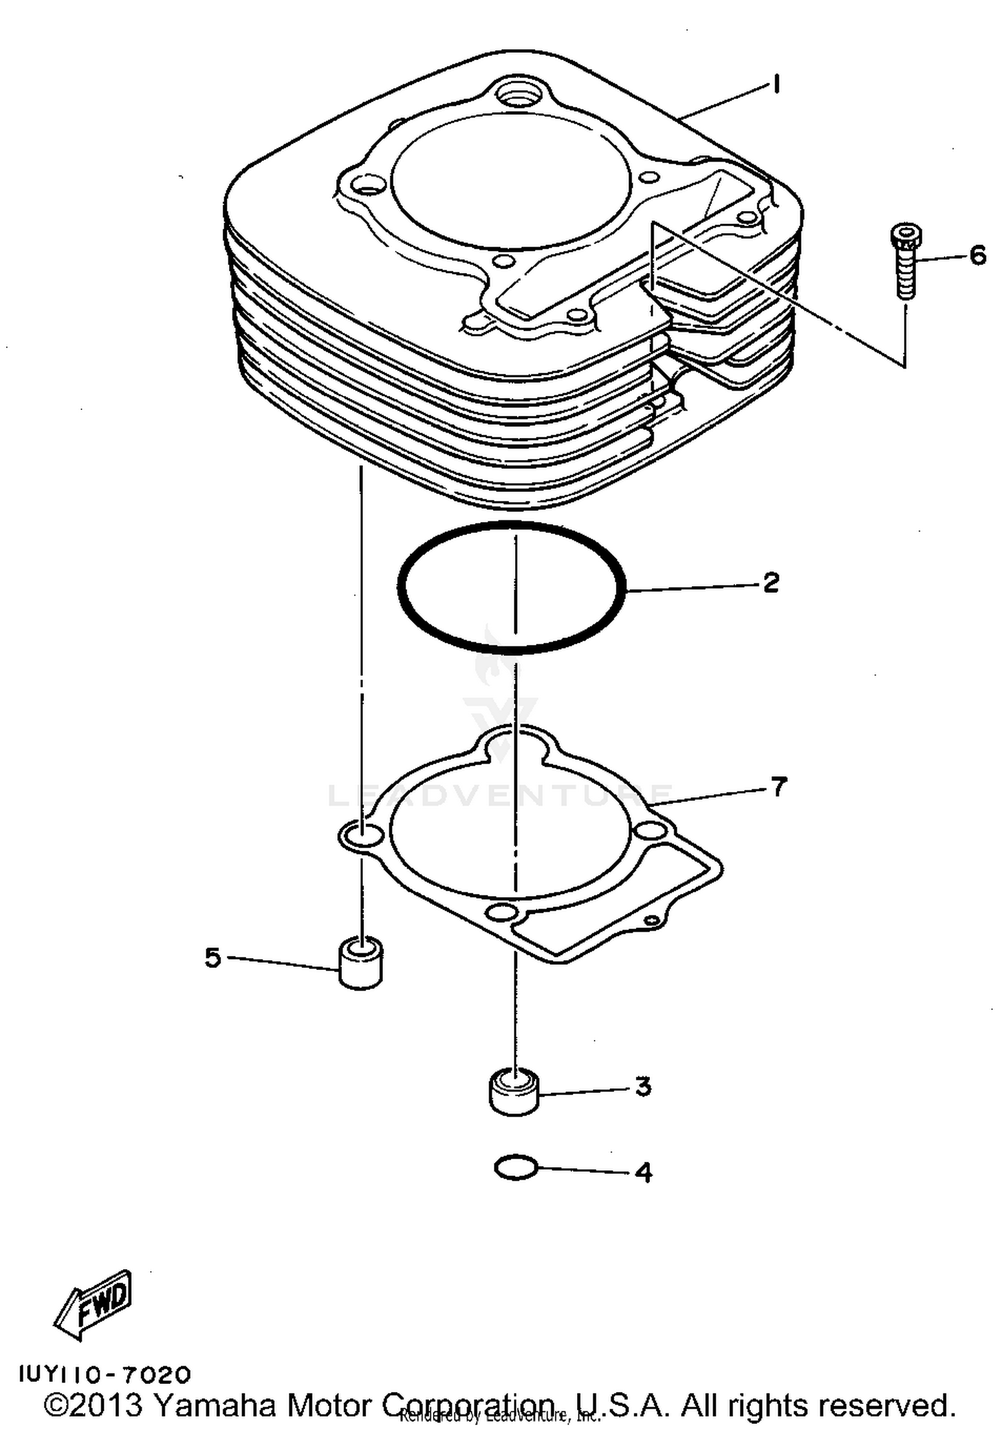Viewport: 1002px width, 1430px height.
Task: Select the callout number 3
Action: click(642, 1086)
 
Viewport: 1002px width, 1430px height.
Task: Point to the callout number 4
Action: click(643, 1172)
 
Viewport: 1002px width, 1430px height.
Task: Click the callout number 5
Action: click(212, 957)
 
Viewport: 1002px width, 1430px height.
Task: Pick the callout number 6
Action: click(977, 255)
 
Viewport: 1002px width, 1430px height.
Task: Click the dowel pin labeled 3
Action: click(514, 1091)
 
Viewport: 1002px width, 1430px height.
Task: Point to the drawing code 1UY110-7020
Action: click(105, 1375)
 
